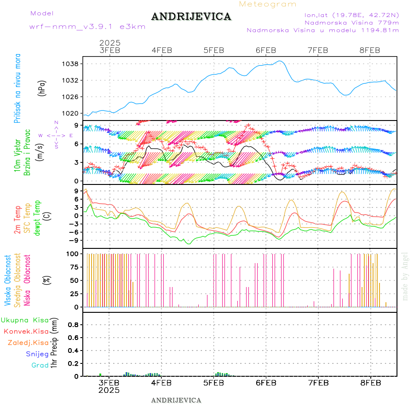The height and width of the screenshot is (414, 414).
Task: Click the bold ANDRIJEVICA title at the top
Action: point(191,17)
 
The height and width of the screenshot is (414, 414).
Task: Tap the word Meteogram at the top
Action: point(268,4)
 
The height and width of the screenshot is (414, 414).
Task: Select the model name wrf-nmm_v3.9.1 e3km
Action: point(87,27)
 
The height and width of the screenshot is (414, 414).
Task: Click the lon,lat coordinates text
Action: point(348,15)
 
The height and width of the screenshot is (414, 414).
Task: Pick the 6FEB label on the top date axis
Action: point(265,50)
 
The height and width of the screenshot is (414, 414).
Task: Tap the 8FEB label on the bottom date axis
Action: point(370,382)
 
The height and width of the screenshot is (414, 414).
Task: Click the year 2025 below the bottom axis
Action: point(109,390)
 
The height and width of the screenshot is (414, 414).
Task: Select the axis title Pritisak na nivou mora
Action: point(17,89)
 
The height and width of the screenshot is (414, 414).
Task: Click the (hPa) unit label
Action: point(42,89)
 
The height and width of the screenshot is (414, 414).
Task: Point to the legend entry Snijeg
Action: point(37,354)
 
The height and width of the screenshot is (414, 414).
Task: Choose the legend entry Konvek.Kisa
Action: point(26,331)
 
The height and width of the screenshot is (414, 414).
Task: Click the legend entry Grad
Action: point(40,365)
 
